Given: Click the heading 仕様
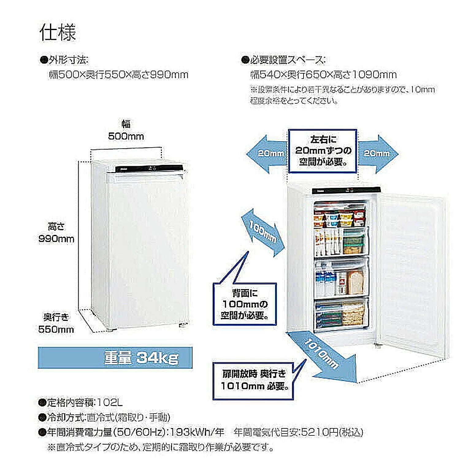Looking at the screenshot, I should pos(57,33).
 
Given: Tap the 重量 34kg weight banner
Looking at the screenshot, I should pos(141,358).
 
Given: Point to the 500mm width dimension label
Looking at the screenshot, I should pos(126,136).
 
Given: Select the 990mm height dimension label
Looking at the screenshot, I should pos(56,239).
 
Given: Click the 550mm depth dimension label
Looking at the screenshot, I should pos(56,329).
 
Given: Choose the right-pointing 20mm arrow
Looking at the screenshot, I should pos(378,153).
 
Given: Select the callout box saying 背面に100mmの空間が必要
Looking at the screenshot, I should pos(245,304).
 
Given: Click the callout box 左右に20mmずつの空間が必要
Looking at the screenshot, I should pos(323,151).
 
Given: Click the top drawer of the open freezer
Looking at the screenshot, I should pos(340,215).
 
